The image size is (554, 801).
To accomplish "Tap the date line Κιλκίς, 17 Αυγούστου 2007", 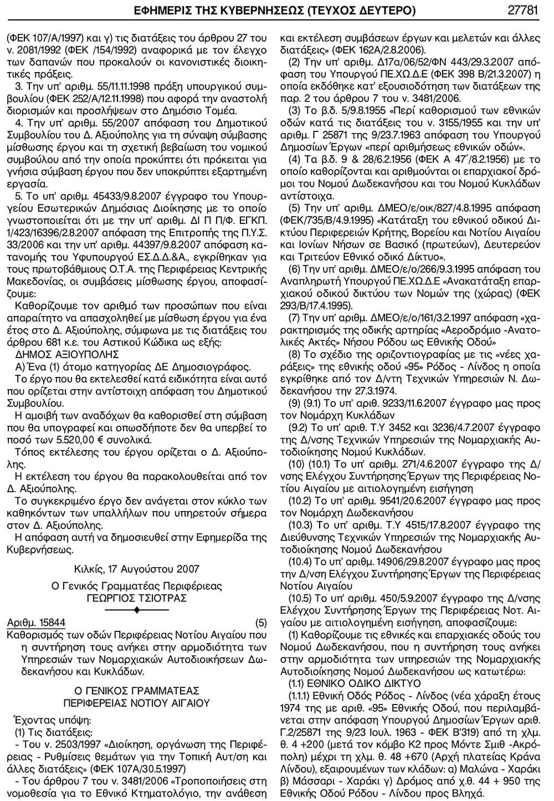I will pos(137,569).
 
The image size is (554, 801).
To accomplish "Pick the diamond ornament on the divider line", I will pos(137,610).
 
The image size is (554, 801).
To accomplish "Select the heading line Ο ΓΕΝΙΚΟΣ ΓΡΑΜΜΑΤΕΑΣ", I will pos(137,690).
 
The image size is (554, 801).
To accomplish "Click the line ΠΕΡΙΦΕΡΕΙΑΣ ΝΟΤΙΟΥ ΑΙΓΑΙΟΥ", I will pos(137,702).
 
